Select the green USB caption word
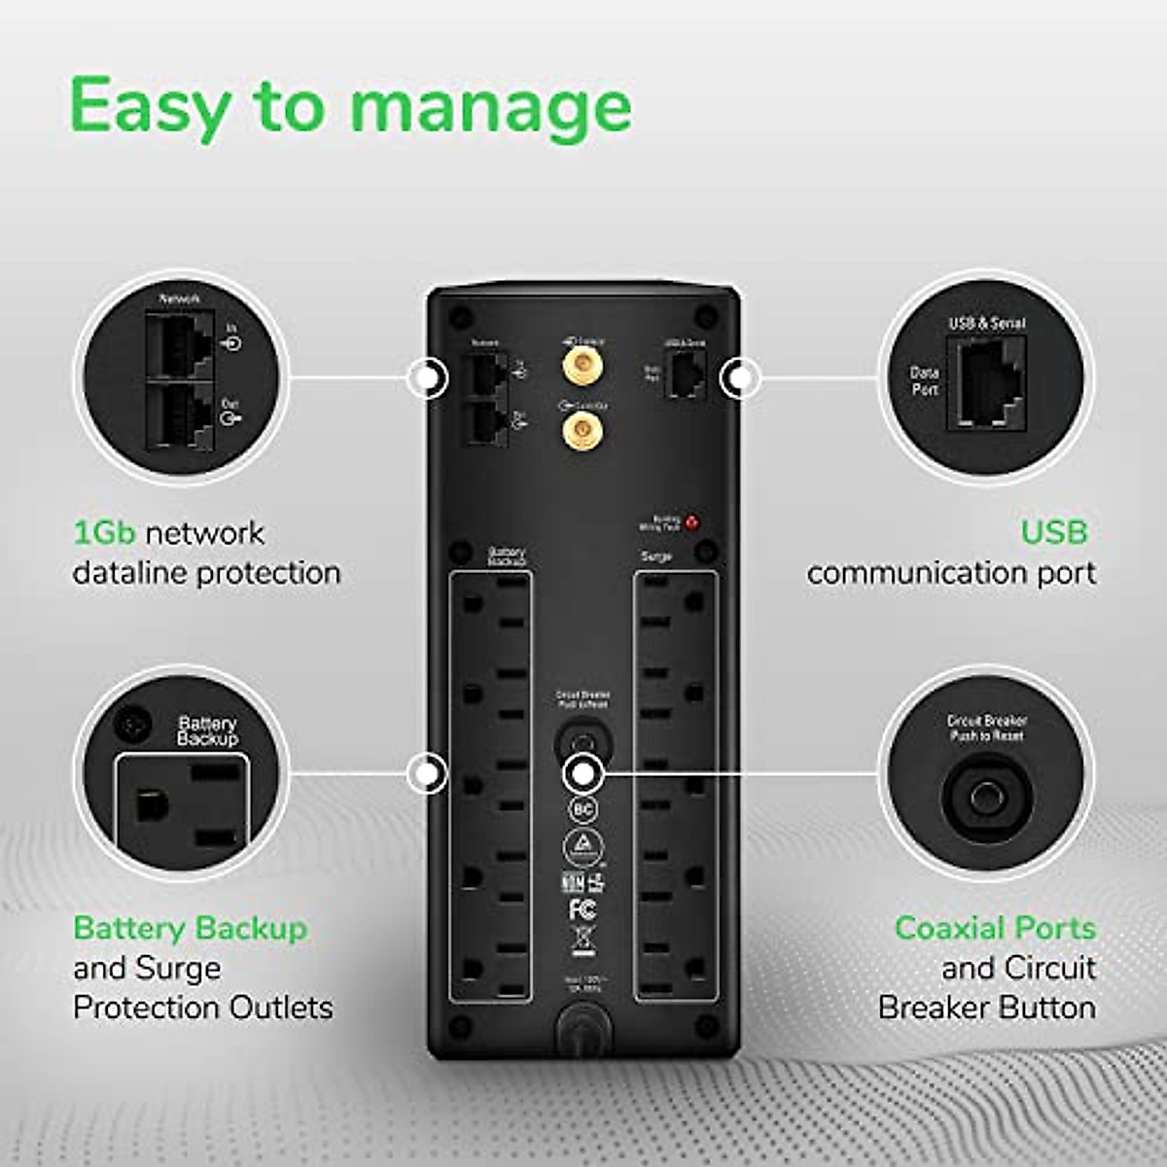[1053, 532]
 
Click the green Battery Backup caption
[191, 928]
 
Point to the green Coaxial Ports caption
[995, 928]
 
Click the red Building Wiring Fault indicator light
[691, 522]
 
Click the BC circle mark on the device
[582, 809]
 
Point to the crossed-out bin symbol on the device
[582, 941]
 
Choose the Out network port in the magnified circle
[180, 415]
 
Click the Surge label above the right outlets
[657, 557]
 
